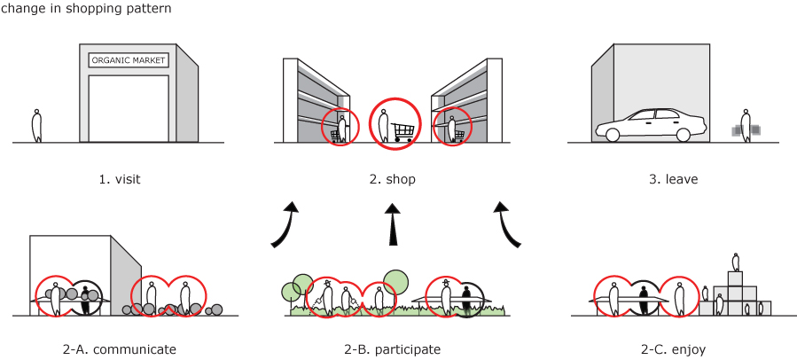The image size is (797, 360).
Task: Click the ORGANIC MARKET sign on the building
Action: pos(129,60)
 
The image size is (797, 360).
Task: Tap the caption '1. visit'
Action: pos(120,179)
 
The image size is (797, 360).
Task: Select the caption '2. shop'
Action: pos(393,179)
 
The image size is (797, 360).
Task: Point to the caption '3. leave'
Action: pos(674,179)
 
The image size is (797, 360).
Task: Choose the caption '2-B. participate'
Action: pos(392,349)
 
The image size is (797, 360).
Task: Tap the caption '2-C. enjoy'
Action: pos(673,349)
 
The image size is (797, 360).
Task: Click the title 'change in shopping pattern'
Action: pos(86,8)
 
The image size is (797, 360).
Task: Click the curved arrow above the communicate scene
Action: pos(286,225)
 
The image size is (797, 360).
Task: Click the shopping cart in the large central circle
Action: pos(403,131)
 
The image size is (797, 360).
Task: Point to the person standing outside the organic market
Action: pos(37,126)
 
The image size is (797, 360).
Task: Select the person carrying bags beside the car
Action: pos(746,127)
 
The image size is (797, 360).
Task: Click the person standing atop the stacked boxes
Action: pos(735,262)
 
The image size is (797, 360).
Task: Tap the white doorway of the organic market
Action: pos(129,108)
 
